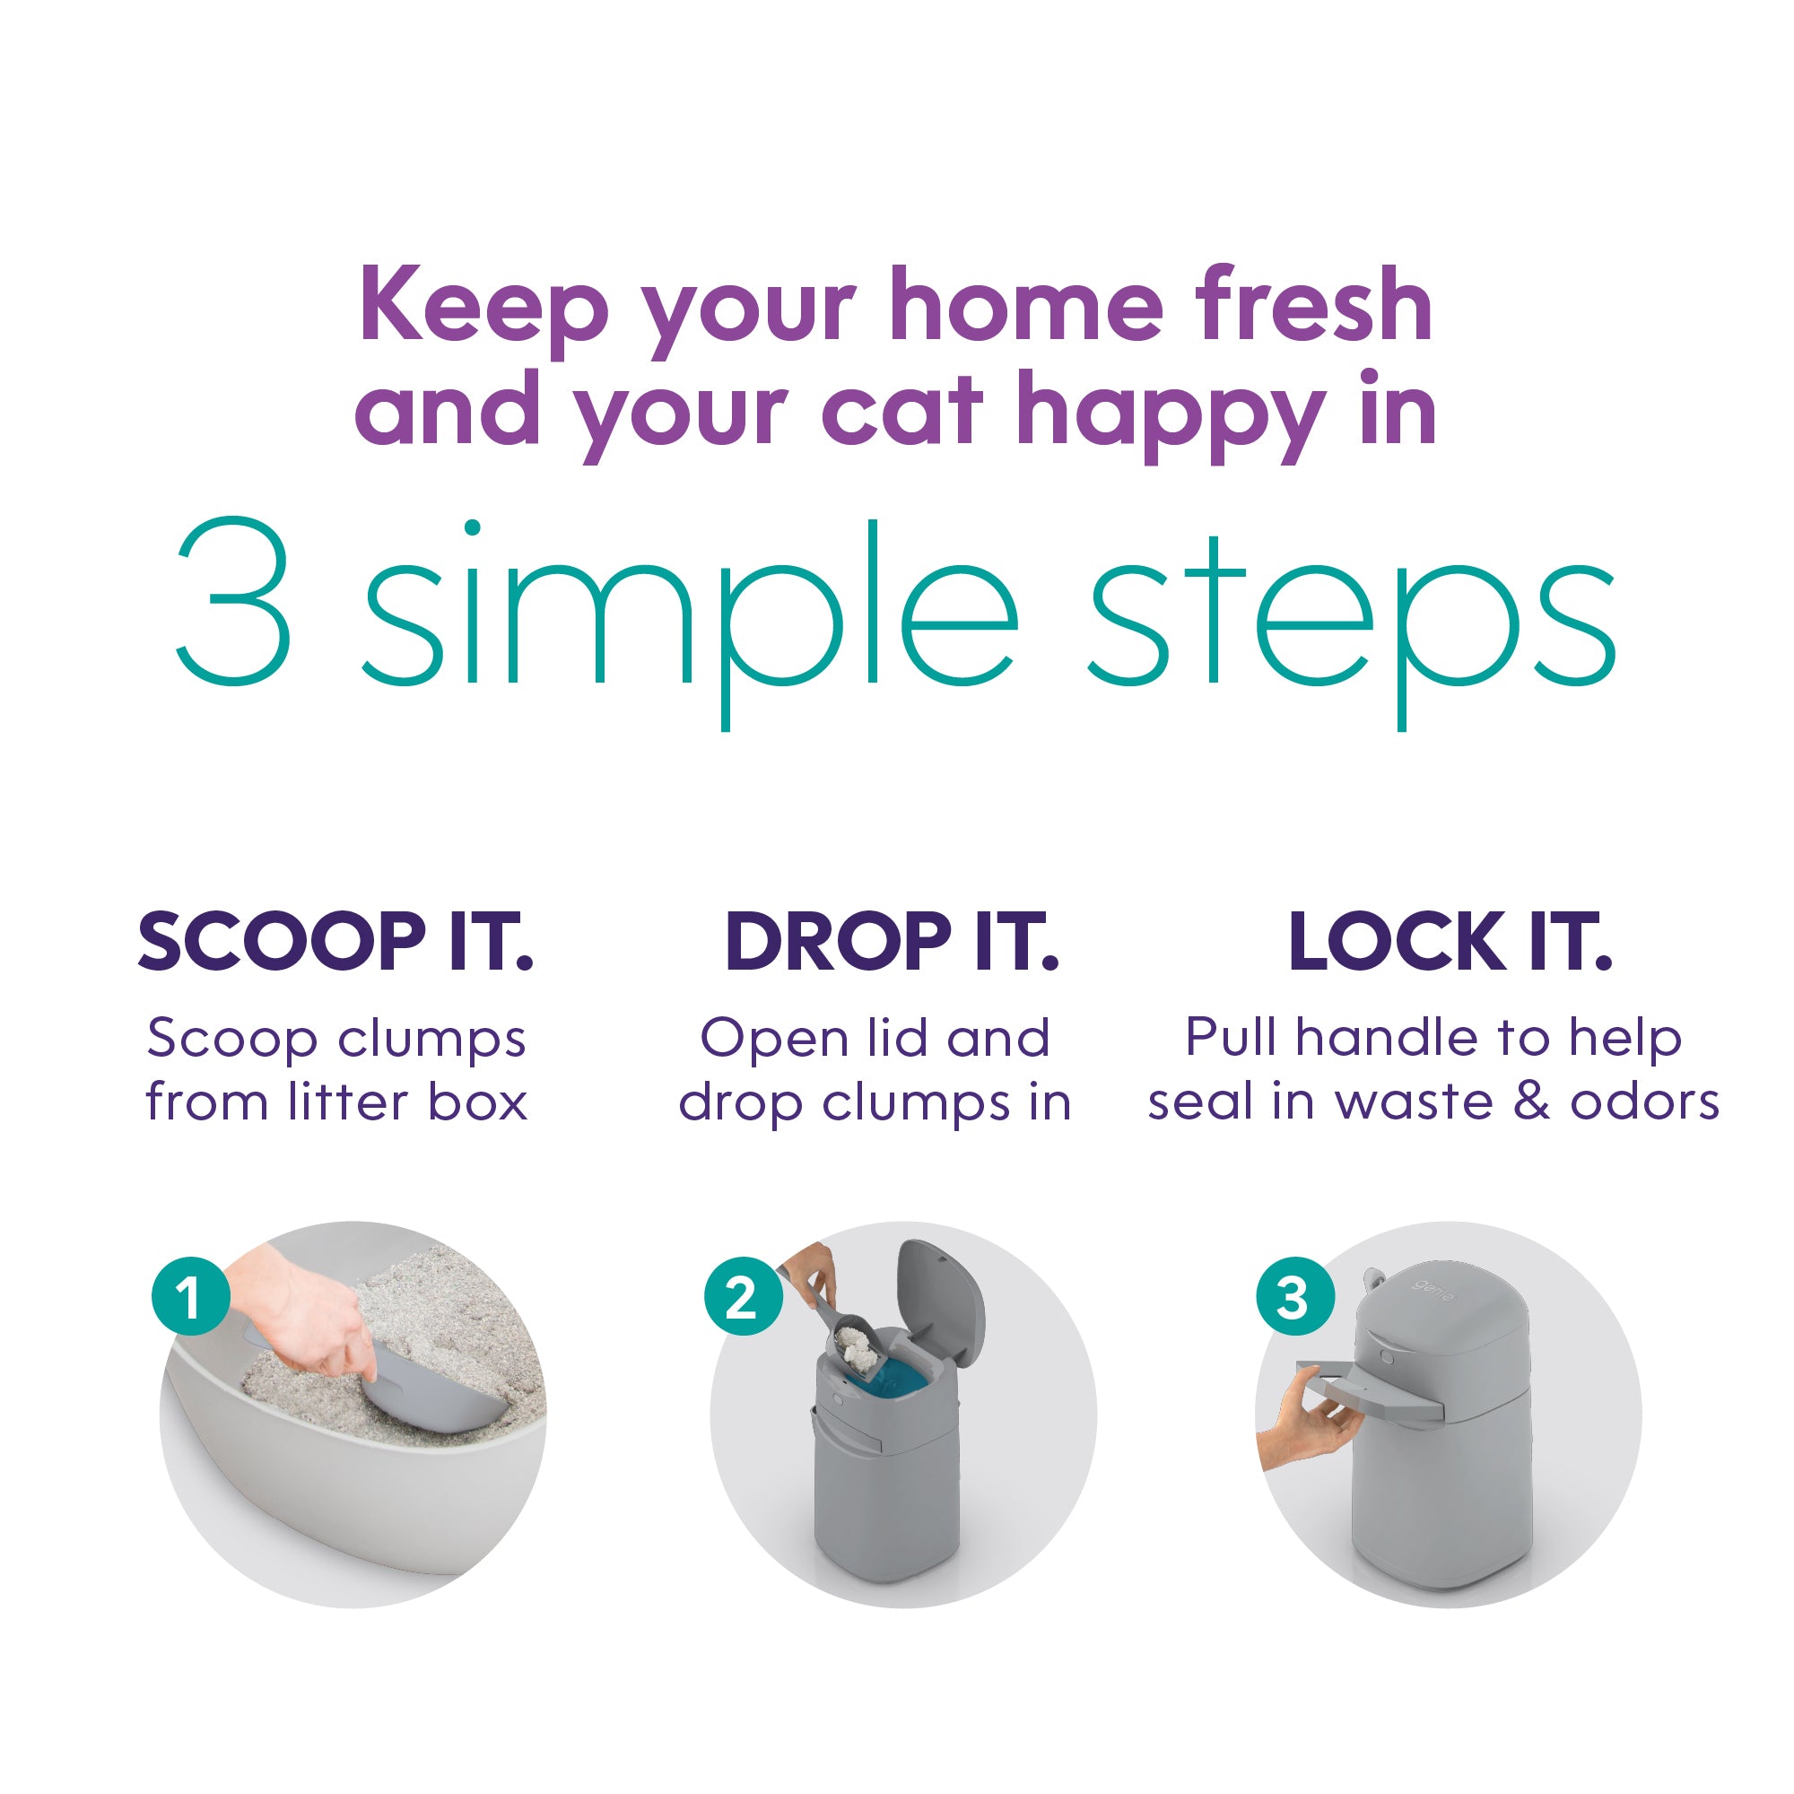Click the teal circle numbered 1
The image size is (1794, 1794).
(190, 1297)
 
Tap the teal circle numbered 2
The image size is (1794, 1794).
(742, 1297)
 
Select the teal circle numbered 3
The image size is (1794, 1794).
(1294, 1297)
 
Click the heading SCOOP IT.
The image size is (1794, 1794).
(336, 942)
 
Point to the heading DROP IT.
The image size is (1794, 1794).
(892, 942)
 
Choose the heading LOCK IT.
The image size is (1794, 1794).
(1450, 942)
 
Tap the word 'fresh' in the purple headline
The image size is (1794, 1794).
(1313, 305)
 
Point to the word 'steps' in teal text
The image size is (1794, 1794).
(1352, 613)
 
